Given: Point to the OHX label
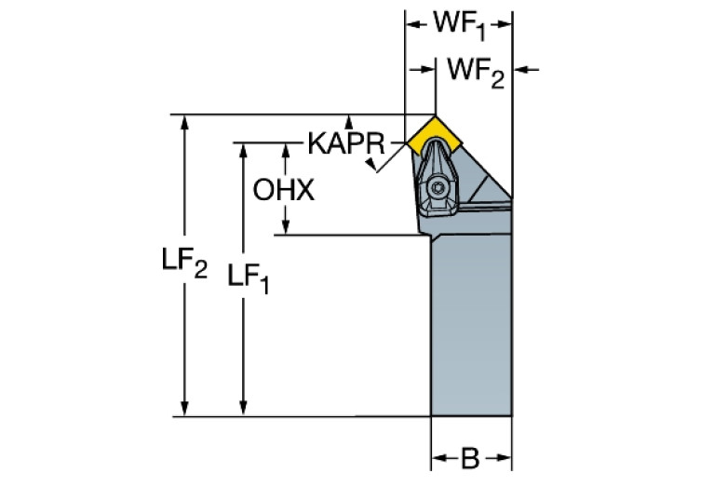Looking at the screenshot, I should tap(284, 190).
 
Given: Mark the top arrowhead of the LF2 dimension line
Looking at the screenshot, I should tap(186, 121).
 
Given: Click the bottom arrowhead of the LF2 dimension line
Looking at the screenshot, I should tap(186, 410).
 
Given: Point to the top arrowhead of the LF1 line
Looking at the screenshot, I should tap(244, 149).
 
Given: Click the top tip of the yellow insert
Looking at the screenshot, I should tap(435, 116).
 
